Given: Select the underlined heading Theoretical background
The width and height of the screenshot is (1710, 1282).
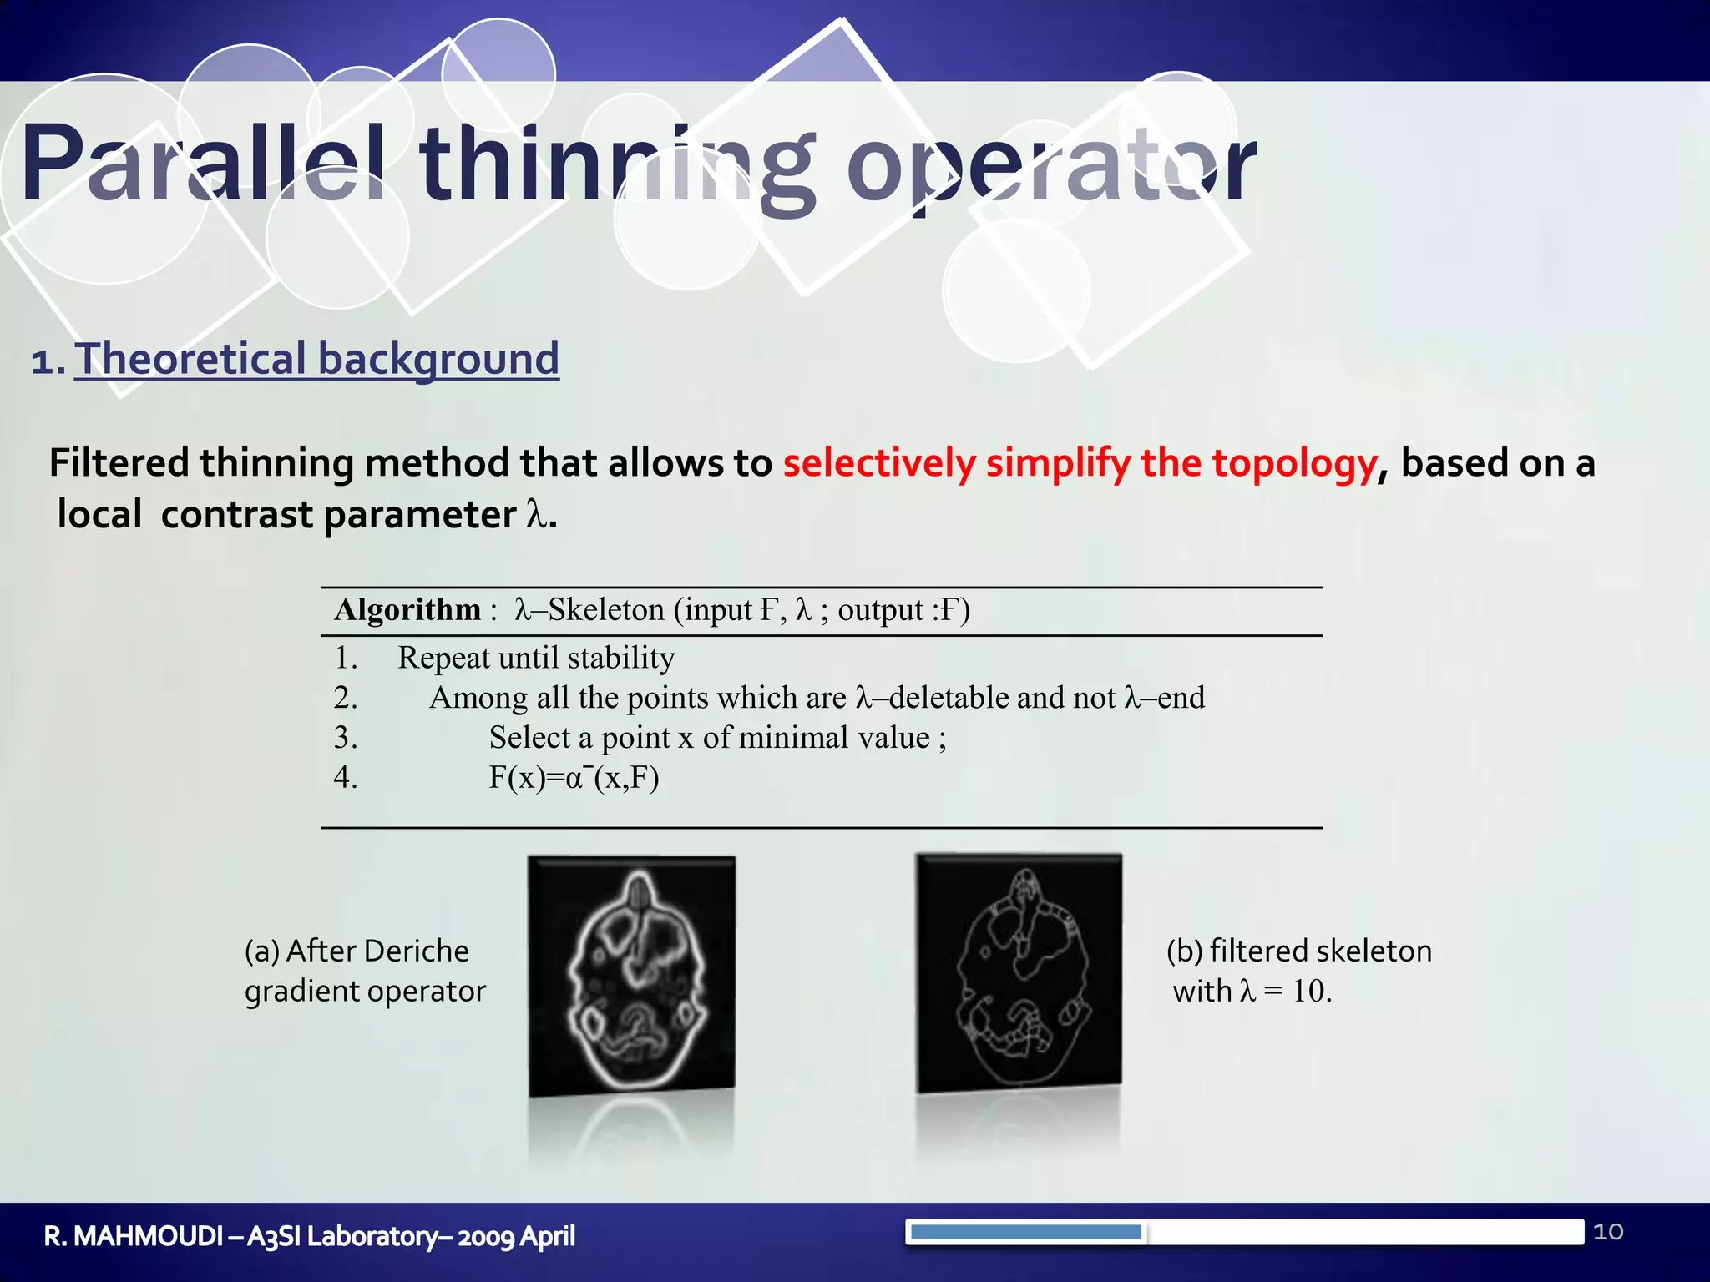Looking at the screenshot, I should [x=316, y=359].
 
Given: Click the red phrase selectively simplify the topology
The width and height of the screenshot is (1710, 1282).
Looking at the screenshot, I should [x=1079, y=462].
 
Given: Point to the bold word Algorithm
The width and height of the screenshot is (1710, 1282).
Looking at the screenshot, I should [x=407, y=610].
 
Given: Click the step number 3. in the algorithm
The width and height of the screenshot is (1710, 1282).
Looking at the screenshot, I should [x=346, y=738].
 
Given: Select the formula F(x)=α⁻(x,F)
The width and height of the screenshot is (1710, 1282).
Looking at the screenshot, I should [x=574, y=778].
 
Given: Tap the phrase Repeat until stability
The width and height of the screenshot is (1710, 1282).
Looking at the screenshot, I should [x=536, y=658].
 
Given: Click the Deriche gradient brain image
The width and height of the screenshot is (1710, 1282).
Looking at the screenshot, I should [x=632, y=974].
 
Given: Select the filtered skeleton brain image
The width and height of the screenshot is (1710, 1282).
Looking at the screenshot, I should [x=1019, y=972].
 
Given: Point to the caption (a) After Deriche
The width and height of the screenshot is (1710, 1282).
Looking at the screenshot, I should [x=357, y=951].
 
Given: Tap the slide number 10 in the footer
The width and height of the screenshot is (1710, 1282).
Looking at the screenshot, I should [x=1608, y=1232].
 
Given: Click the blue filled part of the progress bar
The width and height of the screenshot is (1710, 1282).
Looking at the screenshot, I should [x=1025, y=1232].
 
